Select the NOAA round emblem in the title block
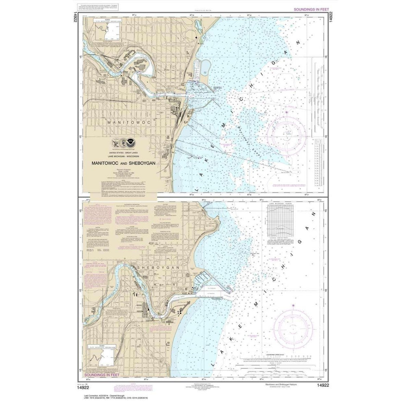coord(131,142)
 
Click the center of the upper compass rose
coord(287,134)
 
